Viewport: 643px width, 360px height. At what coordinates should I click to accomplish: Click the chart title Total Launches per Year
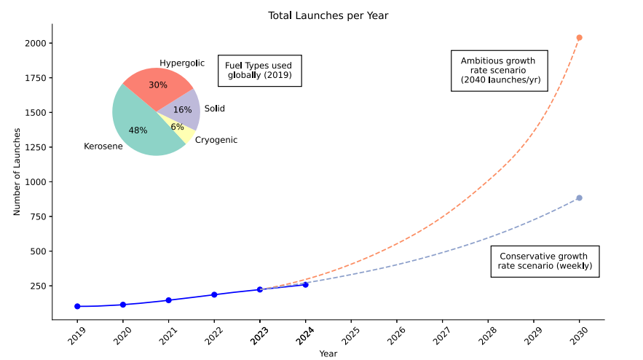pyautogui.click(x=328, y=15)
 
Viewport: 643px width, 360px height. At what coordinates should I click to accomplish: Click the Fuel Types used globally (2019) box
pyautogui.click(x=259, y=71)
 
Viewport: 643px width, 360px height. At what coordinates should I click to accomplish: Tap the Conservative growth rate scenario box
pyautogui.click(x=545, y=262)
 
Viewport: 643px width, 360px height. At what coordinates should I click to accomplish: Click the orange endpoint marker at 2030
pyautogui.click(x=579, y=37)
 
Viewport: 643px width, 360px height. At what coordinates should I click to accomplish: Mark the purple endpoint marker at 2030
pyautogui.click(x=579, y=197)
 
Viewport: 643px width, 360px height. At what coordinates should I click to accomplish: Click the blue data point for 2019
pyautogui.click(x=77, y=306)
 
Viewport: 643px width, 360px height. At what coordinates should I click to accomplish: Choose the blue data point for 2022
pyautogui.click(x=214, y=294)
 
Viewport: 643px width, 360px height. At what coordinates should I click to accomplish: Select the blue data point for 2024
pyautogui.click(x=305, y=284)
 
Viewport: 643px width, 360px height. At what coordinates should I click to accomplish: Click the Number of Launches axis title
pyautogui.click(x=17, y=172)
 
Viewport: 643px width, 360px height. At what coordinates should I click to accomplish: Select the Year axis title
pyautogui.click(x=328, y=353)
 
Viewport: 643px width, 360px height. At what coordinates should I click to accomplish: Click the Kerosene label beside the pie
pyautogui.click(x=103, y=147)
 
